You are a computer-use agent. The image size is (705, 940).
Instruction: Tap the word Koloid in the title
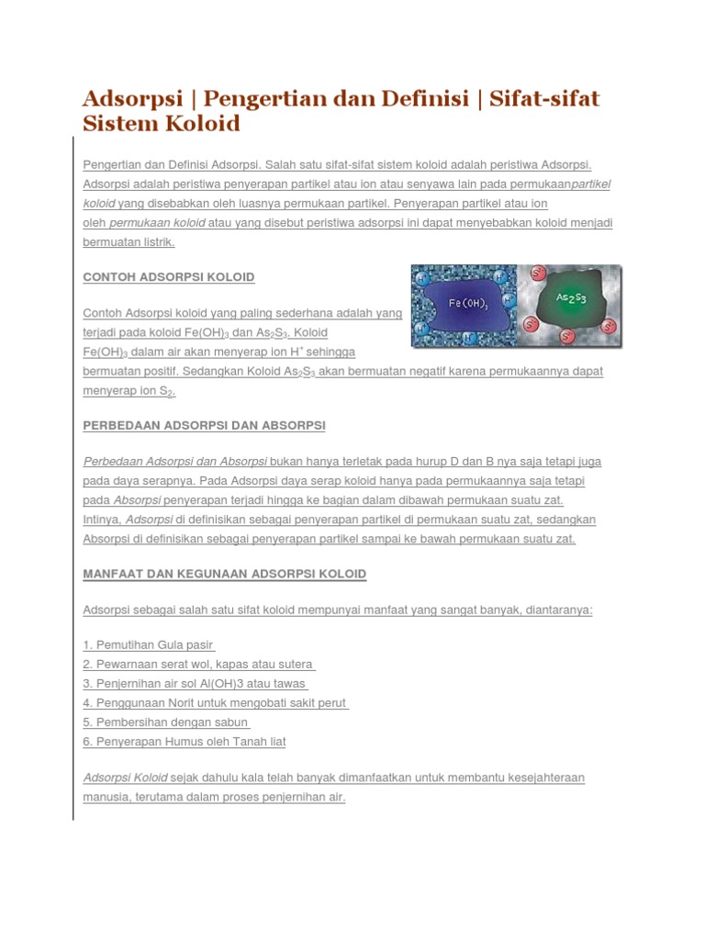(199, 124)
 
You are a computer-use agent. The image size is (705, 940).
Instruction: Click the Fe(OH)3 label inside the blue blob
(467, 303)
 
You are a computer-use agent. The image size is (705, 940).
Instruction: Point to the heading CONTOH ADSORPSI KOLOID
(169, 277)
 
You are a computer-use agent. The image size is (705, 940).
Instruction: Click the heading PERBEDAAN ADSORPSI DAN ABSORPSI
(204, 426)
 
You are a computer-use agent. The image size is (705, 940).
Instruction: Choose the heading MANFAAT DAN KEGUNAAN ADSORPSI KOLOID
(225, 575)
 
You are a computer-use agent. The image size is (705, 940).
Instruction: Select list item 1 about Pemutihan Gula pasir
(148, 645)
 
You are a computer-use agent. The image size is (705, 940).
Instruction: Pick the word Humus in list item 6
(178, 742)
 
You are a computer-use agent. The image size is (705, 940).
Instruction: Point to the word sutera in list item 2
(296, 665)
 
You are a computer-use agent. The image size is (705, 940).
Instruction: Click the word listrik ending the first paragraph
(154, 242)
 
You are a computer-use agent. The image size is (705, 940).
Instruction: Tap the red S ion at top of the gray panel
(536, 273)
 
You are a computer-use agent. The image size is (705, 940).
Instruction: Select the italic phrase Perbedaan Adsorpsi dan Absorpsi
(175, 462)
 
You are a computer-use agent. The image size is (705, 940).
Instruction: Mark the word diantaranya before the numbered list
(558, 610)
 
